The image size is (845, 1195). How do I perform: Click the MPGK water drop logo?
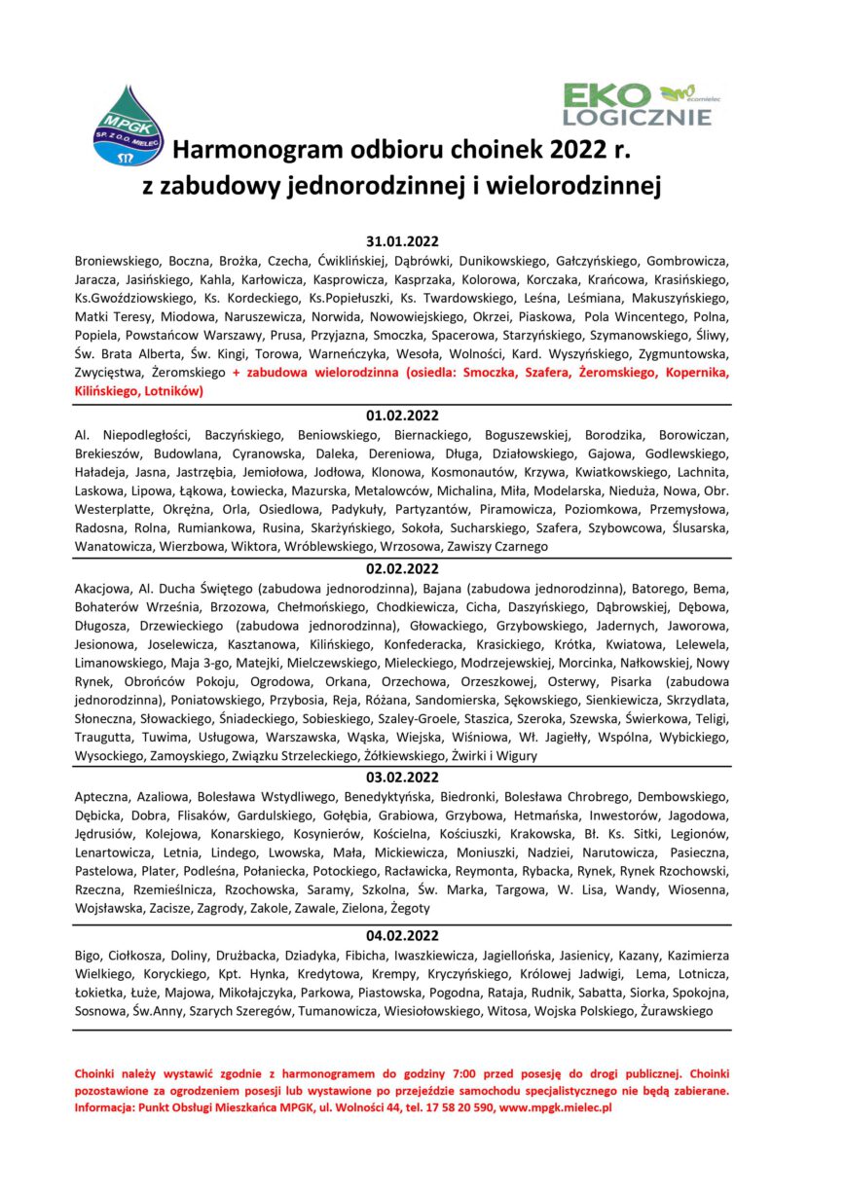coord(128,126)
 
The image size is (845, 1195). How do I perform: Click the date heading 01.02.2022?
coord(403,415)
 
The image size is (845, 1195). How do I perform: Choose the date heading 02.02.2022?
coord(403,569)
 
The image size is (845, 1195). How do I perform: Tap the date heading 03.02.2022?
coord(403,778)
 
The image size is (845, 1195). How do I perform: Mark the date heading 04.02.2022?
coord(403,936)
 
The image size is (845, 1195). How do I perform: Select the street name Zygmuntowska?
coord(683,354)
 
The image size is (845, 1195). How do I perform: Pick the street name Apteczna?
coord(103,796)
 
